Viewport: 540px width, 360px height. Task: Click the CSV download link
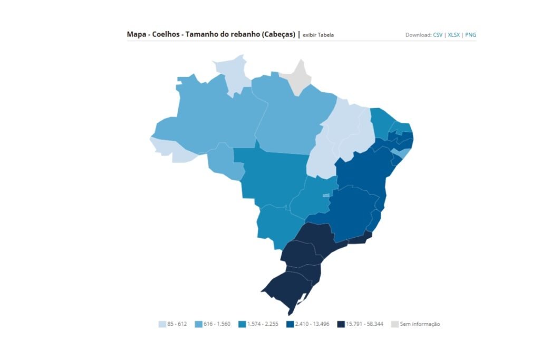(438, 35)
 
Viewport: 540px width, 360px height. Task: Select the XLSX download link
(454, 35)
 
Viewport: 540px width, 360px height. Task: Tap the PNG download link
(470, 35)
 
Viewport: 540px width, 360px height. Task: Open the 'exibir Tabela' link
(318, 35)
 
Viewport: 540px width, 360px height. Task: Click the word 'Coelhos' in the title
(166, 34)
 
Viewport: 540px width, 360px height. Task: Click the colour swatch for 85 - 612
(162, 324)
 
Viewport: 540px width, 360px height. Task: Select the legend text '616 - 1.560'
(217, 324)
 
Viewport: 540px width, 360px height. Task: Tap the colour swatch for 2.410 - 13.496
(290, 324)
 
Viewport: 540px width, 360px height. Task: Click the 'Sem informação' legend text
(420, 324)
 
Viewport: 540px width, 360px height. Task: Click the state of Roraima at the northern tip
(235, 74)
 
